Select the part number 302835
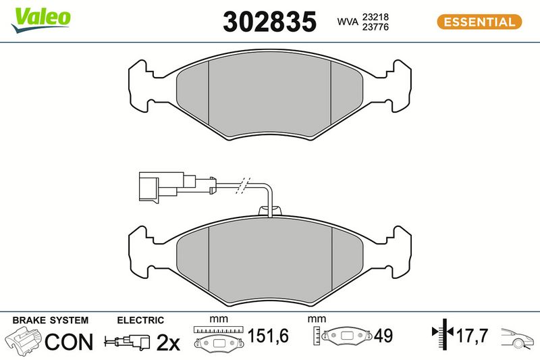(x=269, y=22)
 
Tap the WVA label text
(x=348, y=22)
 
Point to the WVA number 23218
(x=375, y=16)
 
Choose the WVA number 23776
(x=375, y=27)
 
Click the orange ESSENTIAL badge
(x=479, y=22)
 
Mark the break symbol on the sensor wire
(x=243, y=186)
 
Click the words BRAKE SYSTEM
(x=50, y=320)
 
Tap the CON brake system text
(x=69, y=342)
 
